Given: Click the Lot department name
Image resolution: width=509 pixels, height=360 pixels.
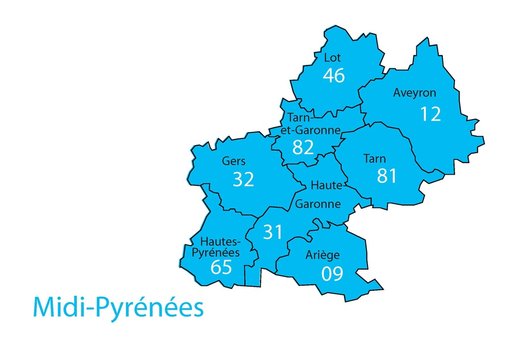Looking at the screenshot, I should click(x=333, y=58).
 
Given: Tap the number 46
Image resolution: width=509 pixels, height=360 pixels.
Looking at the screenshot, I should click(x=334, y=76).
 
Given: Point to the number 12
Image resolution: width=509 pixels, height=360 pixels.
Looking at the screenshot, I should click(x=430, y=114).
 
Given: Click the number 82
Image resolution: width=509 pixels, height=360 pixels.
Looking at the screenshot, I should click(x=303, y=148).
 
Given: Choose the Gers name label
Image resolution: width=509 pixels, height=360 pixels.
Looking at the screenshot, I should click(x=235, y=159).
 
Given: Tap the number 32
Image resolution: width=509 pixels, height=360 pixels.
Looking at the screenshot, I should click(x=243, y=180).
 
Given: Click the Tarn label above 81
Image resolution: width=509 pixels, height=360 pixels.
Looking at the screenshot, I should click(x=375, y=158).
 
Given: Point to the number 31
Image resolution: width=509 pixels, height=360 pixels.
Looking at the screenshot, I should click(x=274, y=232).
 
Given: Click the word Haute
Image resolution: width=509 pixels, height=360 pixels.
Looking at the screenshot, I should click(x=327, y=186).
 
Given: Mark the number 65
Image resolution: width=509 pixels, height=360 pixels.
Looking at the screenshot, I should click(x=222, y=267).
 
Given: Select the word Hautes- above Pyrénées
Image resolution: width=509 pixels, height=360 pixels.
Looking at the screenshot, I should click(x=219, y=241).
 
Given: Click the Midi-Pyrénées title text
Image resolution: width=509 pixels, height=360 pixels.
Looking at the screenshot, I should click(x=118, y=305).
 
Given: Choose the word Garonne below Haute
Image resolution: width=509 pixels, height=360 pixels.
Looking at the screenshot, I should click(x=317, y=204).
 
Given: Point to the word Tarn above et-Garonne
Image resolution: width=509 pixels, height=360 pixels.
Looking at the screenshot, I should click(x=298, y=118).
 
